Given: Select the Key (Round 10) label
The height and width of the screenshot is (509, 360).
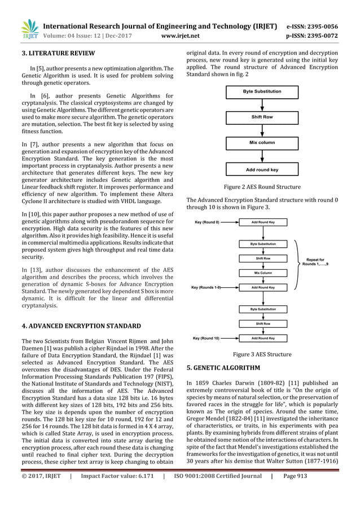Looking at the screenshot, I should (207, 338).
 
